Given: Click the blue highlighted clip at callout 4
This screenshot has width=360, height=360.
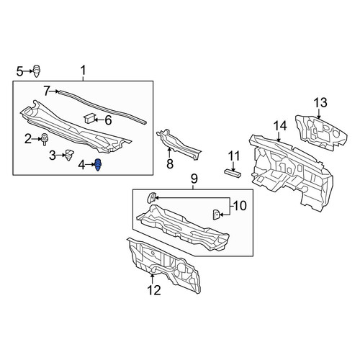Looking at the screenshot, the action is [98, 165].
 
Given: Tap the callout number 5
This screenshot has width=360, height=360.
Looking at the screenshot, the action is [20, 71].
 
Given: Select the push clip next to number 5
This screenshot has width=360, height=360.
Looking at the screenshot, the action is [37, 71].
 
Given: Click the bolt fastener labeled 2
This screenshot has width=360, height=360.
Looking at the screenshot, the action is [45, 139].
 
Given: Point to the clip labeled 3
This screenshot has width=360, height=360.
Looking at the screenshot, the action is [69, 155].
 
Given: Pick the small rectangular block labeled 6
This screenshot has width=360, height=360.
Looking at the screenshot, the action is [89, 118].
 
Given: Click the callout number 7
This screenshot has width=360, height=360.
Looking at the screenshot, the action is [48, 91].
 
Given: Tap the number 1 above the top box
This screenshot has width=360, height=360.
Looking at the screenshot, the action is [83, 71].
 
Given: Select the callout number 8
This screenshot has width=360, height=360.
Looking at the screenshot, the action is [170, 164].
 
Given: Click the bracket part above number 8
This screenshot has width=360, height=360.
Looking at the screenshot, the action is [179, 145].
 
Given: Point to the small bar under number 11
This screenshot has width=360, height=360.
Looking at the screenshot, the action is [233, 174].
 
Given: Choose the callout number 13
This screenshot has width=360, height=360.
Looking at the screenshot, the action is [321, 102].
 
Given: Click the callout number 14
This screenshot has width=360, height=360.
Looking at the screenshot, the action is [280, 126].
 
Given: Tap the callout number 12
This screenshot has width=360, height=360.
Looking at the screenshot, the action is [154, 290].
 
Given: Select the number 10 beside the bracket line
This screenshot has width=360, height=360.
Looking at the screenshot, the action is [240, 206].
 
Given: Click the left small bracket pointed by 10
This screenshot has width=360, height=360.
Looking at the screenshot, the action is [151, 197].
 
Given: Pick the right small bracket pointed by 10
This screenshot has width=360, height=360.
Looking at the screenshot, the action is [216, 215].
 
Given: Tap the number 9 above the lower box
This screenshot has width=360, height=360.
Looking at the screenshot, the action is [194, 179].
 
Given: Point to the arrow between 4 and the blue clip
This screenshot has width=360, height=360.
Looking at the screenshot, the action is [90, 164].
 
